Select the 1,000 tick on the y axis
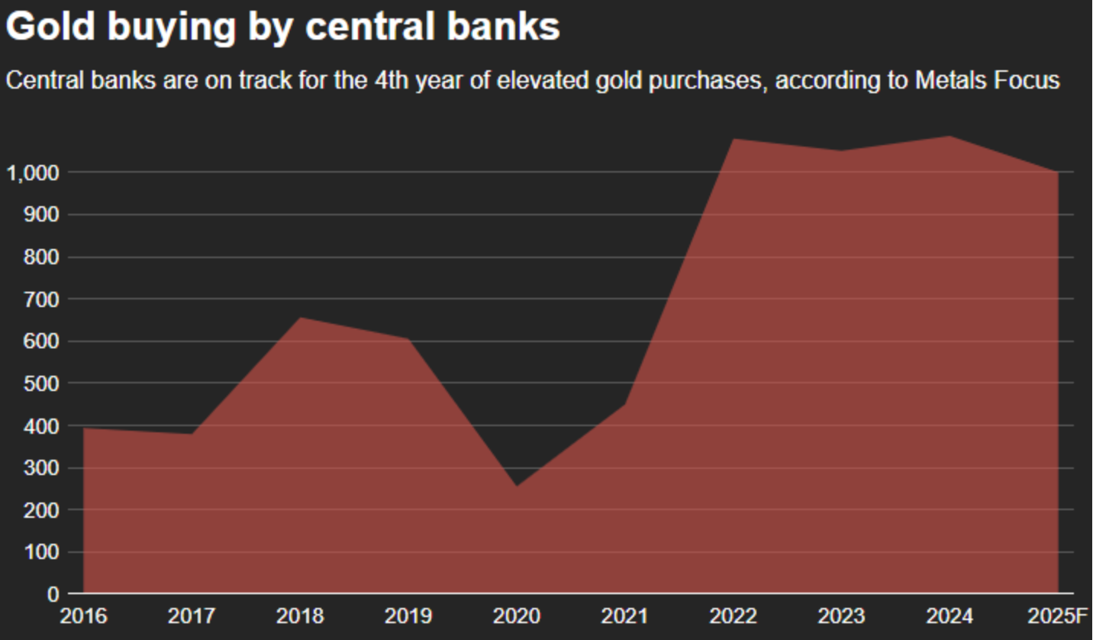[x=32, y=173]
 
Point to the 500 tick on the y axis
[x=43, y=383]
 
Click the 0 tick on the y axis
[x=53, y=593]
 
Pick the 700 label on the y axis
[x=43, y=299]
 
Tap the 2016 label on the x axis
[x=84, y=616]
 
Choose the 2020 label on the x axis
[x=517, y=616]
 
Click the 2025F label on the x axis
[x=1058, y=616]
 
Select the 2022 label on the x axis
[x=734, y=616]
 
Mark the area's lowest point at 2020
[x=517, y=486]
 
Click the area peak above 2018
[x=301, y=318]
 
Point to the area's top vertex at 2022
[x=734, y=139]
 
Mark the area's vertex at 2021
[x=625, y=404]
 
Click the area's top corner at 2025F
[x=1058, y=172]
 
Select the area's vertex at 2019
[x=409, y=339]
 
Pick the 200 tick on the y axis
[x=43, y=509]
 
